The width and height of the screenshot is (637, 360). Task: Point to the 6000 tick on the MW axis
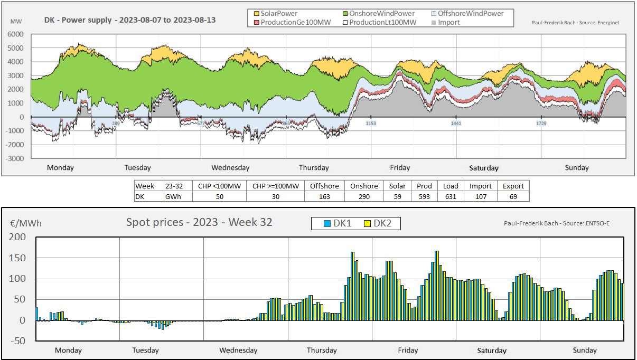pyautogui.click(x=15, y=34)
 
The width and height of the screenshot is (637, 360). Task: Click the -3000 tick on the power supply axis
pyautogui.click(x=14, y=158)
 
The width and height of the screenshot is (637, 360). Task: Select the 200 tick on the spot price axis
pyautogui.click(x=17, y=238)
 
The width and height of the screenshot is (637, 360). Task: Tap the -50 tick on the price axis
pyautogui.click(x=17, y=341)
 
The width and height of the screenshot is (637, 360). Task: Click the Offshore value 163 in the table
pyautogui.click(x=324, y=196)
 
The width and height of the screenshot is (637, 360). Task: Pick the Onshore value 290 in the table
pyautogui.click(x=364, y=196)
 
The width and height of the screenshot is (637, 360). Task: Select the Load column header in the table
pyautogui.click(x=451, y=186)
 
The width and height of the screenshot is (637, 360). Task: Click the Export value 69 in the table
pyautogui.click(x=513, y=196)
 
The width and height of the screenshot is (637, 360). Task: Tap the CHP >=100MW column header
pyautogui.click(x=275, y=186)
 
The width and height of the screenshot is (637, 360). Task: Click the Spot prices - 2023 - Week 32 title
pyautogui.click(x=199, y=222)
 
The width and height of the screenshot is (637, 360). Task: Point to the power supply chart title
pyautogui.click(x=130, y=21)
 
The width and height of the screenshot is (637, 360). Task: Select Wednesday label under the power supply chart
pyautogui.click(x=230, y=168)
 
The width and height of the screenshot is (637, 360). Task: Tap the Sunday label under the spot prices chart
pyautogui.click(x=585, y=350)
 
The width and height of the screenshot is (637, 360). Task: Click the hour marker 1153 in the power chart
pyautogui.click(x=371, y=124)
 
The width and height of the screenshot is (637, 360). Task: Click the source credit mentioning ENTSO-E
pyautogui.click(x=564, y=223)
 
